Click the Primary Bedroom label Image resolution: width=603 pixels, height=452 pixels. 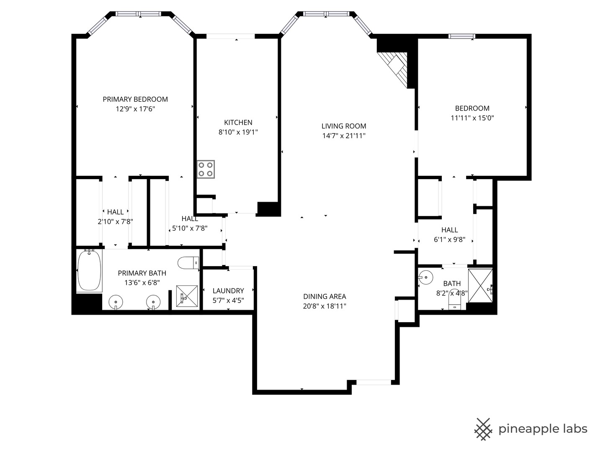tap(135, 99)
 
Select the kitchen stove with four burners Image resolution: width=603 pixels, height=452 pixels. tap(206, 169)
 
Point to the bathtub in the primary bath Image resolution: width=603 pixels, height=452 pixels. tap(89, 270)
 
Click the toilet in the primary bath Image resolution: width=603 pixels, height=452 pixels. tap(188, 263)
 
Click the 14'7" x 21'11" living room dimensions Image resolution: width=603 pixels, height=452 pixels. tap(344, 136)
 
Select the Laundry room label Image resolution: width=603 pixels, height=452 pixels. tap(228, 290)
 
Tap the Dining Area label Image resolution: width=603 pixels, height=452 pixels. tap(325, 296)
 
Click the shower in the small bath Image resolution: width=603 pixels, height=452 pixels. tap(480, 285)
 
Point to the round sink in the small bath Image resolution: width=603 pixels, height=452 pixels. tap(425, 277)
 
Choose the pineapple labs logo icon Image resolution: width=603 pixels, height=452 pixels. tap(483, 429)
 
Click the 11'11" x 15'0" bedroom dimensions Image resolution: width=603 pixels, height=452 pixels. tap(472, 118)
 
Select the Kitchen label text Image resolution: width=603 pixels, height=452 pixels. tap(238, 122)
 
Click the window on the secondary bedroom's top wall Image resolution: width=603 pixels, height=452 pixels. tap(461, 36)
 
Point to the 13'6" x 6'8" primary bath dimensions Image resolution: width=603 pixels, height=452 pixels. tap(142, 282)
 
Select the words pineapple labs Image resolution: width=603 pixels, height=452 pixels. tap(543, 429)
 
